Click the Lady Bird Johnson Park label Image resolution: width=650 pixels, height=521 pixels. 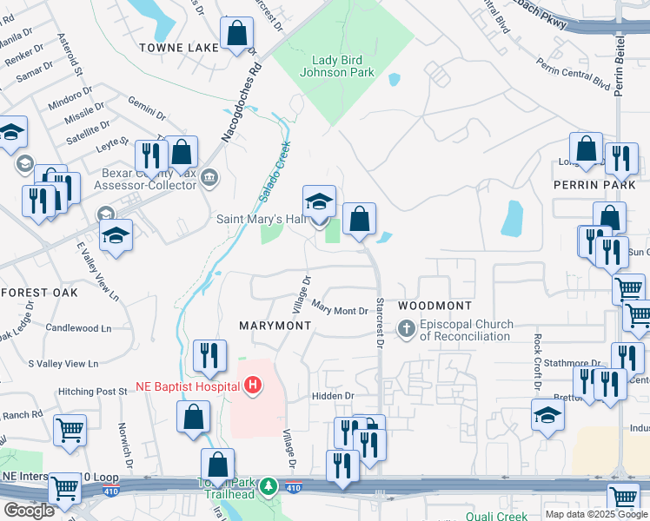[343, 66]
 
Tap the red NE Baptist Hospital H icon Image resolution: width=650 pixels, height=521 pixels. [252, 385]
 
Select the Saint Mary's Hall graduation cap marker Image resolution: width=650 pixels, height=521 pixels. [319, 202]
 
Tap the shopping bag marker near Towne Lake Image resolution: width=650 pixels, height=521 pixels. [236, 36]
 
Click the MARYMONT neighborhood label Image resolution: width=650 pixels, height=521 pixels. [275, 325]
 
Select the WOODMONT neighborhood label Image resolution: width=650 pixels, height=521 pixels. [434, 306]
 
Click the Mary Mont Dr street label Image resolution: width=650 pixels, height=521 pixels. [340, 309]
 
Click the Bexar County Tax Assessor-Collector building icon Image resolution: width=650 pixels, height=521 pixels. [209, 179]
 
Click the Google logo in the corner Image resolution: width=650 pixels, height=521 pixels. [29, 511]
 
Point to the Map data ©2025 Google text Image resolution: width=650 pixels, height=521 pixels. [596, 514]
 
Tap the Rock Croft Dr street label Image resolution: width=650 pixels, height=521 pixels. [538, 361]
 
